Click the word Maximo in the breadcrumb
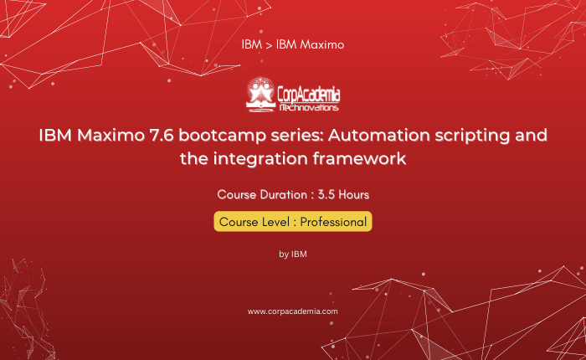322,44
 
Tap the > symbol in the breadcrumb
269,45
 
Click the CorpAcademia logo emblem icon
260,95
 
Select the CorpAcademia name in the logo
309,95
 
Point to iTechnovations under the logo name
309,108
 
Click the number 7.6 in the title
162,135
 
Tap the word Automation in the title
379,135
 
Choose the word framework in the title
359,158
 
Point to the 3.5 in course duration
326,195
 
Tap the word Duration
283,195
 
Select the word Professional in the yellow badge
333,222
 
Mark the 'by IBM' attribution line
293,255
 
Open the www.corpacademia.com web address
293,311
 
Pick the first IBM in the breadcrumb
251,44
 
